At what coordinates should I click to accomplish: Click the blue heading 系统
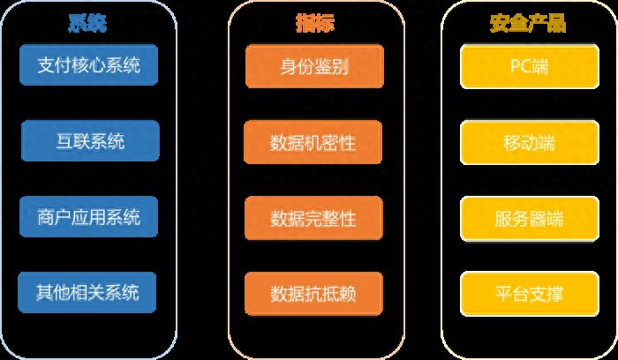(87, 23)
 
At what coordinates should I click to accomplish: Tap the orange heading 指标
(315, 23)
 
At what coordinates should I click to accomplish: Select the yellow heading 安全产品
(528, 23)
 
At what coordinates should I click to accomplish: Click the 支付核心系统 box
(88, 65)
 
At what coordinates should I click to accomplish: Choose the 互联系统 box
(90, 141)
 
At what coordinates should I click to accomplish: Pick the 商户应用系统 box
(88, 217)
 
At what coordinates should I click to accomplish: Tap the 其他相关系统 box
(87, 293)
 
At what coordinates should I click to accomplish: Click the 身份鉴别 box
(314, 66)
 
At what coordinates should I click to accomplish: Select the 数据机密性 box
(313, 142)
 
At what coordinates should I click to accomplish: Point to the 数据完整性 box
(313, 218)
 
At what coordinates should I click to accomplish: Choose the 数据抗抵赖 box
(313, 294)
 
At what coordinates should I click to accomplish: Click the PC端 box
(530, 66)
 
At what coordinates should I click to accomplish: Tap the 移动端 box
(530, 143)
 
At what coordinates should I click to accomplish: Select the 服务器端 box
(530, 219)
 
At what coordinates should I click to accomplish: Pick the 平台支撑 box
(530, 294)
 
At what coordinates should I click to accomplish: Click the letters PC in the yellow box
(520, 66)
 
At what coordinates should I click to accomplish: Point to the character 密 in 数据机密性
(330, 143)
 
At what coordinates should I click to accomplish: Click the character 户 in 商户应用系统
(63, 217)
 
